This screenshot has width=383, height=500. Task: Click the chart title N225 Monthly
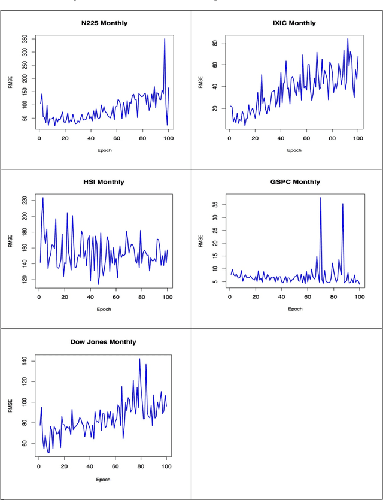(105, 23)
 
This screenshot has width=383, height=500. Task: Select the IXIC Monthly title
(294, 23)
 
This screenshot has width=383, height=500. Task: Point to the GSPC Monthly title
(295, 181)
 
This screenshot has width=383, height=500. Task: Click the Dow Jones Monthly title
(104, 342)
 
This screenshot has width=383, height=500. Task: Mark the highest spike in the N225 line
(165, 39)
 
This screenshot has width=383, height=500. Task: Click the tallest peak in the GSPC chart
(321, 198)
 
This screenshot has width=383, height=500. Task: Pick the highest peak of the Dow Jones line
(139, 359)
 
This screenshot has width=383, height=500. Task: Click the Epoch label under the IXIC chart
(294, 150)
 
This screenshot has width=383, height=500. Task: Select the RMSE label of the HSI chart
(10, 241)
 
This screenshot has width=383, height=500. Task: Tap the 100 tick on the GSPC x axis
(358, 297)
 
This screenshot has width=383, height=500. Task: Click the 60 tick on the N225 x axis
(116, 138)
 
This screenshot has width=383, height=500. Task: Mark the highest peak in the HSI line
(42, 198)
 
